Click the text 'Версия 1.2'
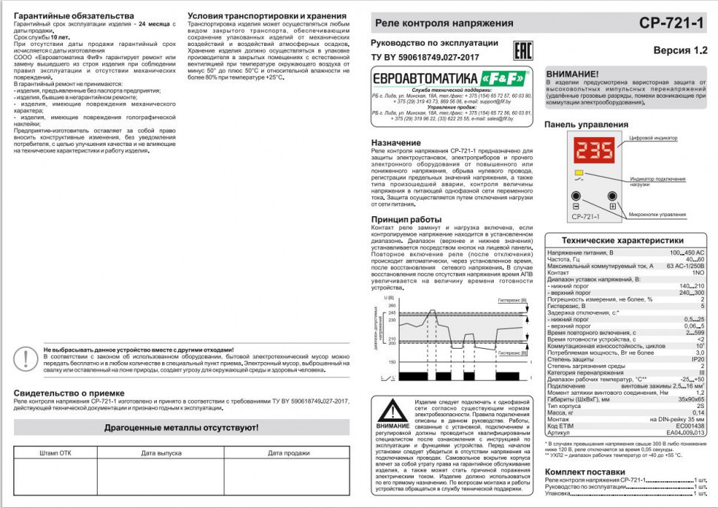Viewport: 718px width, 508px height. click(681, 50)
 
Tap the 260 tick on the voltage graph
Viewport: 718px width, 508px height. click(392, 304)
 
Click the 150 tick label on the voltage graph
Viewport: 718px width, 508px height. click(392, 362)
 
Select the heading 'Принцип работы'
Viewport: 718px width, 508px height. click(406, 219)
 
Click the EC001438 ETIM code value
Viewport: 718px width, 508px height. click(690, 426)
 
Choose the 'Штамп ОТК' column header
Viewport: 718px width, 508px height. click(56, 452)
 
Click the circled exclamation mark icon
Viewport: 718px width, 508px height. click(27, 359)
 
